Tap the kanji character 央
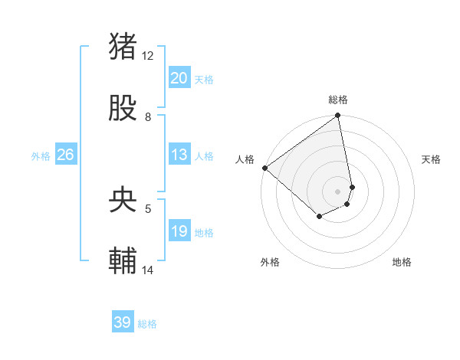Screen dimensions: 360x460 click(123, 201)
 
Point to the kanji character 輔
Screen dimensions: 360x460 click(123, 261)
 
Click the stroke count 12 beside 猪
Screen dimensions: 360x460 click(148, 55)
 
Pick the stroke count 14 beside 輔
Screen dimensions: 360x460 click(148, 270)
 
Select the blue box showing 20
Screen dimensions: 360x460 click(179, 78)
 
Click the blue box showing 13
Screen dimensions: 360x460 click(179, 155)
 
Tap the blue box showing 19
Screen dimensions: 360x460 click(179, 231)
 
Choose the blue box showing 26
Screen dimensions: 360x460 click(65, 155)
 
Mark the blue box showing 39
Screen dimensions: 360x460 click(122, 322)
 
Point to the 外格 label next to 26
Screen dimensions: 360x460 click(41, 156)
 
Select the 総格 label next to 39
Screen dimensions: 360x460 click(147, 324)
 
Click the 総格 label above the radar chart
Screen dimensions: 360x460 click(338, 100)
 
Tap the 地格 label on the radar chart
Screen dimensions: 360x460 click(402, 262)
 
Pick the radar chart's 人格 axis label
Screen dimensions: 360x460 click(245, 159)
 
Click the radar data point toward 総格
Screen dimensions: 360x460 click(337, 116)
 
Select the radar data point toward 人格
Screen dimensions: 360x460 click(264, 168)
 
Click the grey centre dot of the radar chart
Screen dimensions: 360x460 click(337, 191)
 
